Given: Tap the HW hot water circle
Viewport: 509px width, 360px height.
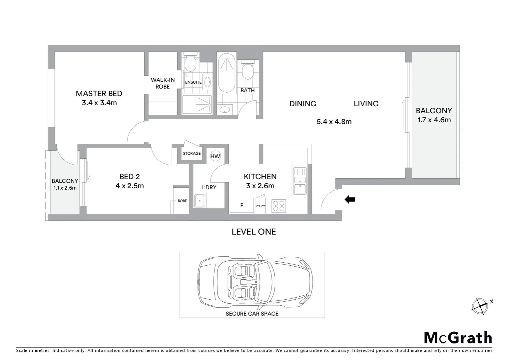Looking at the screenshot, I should click(x=215, y=156).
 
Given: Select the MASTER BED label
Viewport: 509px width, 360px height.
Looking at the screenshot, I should click(x=99, y=94).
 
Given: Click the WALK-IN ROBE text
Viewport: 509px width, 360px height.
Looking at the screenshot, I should click(x=163, y=83).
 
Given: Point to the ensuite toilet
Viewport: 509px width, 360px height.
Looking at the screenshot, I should click(x=190, y=63).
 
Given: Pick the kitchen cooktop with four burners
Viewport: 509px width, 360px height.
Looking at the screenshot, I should click(x=278, y=206).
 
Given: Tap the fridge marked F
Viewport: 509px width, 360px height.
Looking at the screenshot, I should click(x=242, y=206).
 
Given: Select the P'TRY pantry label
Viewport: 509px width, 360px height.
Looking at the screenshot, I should click(x=260, y=206).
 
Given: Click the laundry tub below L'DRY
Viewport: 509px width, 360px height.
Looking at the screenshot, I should click(x=200, y=201).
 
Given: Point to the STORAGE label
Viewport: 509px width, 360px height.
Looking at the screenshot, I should click(x=192, y=153).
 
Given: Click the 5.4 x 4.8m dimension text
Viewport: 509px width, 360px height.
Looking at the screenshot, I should click(x=334, y=122).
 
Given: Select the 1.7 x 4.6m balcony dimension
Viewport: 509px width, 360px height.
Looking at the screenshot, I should click(x=434, y=120).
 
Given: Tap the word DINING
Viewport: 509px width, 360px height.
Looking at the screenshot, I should click(x=302, y=104).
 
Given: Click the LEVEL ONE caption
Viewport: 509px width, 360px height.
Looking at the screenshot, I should click(x=254, y=232).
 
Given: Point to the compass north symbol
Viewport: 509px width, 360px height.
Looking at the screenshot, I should click(x=480, y=305).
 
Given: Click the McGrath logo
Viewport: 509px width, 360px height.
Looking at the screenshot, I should click(x=458, y=338).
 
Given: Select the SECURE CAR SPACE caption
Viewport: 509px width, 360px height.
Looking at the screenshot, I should click(x=252, y=314).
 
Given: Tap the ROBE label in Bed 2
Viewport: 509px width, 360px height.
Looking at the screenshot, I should click(x=182, y=201).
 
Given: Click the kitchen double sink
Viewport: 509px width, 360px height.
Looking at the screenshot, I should click(x=299, y=181).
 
